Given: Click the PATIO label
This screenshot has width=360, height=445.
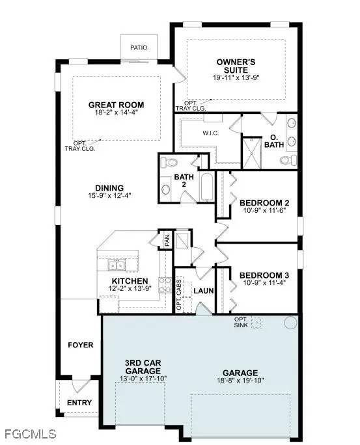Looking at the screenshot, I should click(x=139, y=47).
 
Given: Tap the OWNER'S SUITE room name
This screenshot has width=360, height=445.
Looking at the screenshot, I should click(x=237, y=66).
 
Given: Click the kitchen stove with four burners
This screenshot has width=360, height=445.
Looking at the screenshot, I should click(x=165, y=286).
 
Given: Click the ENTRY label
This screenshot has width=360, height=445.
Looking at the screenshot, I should click(x=79, y=403).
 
